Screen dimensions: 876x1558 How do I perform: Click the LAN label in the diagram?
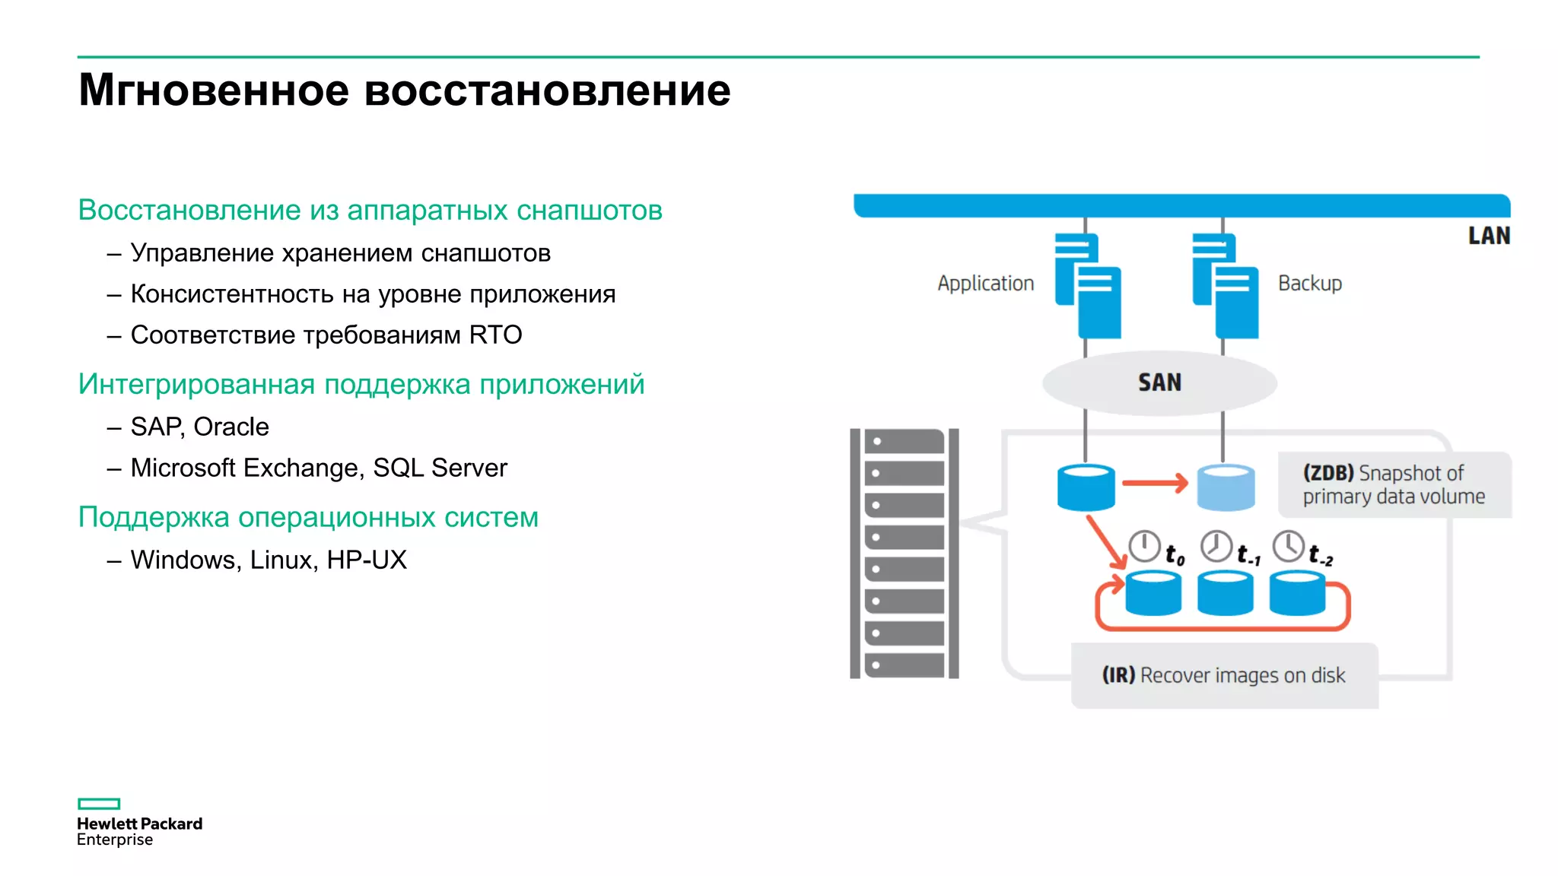tap(1488, 236)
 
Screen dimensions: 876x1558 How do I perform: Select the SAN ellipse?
tap(1159, 382)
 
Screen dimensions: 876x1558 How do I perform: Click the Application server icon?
tap(1088, 285)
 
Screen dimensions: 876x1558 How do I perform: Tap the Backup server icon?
tap(1226, 285)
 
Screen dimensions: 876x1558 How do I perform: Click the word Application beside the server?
tap(985, 284)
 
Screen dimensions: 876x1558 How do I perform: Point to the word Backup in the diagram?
tap(1309, 284)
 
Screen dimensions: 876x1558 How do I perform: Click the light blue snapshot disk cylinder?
tap(1226, 487)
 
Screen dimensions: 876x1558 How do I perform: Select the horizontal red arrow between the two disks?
tap(1155, 483)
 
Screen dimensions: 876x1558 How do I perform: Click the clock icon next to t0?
tap(1143, 547)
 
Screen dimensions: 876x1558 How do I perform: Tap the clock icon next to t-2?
tap(1289, 546)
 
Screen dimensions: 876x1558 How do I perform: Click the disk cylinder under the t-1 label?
tap(1225, 594)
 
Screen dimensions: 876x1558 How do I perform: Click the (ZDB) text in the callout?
tap(1327, 473)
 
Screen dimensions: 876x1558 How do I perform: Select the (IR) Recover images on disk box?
tap(1224, 675)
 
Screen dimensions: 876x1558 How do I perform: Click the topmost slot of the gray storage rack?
tap(905, 442)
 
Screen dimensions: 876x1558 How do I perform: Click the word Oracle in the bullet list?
tap(231, 427)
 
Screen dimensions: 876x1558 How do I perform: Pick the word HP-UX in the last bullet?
tap(367, 560)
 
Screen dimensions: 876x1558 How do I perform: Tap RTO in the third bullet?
tap(495, 335)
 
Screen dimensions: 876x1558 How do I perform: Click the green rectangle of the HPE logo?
tap(99, 804)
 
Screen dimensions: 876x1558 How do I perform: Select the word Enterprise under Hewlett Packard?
tap(115, 839)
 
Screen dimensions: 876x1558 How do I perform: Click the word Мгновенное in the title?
tap(214, 90)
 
